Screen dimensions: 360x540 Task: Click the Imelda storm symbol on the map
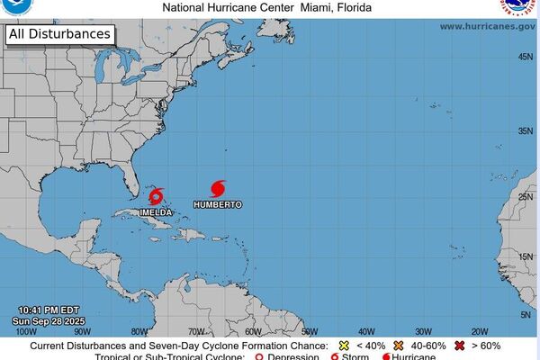coord(157,195)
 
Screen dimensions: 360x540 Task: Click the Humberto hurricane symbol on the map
coord(218,188)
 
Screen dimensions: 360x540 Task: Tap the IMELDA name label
coord(156,212)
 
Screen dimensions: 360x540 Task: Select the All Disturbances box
coord(60,35)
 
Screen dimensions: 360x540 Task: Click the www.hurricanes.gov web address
coord(486,27)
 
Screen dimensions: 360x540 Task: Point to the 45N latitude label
coord(524,57)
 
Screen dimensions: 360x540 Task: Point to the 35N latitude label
coord(524,130)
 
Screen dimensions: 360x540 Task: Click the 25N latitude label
coord(524,196)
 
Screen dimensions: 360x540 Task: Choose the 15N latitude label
coord(524,256)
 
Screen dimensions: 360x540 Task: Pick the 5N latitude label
coord(526,314)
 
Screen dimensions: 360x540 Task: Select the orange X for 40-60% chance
coord(397,346)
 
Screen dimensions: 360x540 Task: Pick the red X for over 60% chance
coord(461,346)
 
